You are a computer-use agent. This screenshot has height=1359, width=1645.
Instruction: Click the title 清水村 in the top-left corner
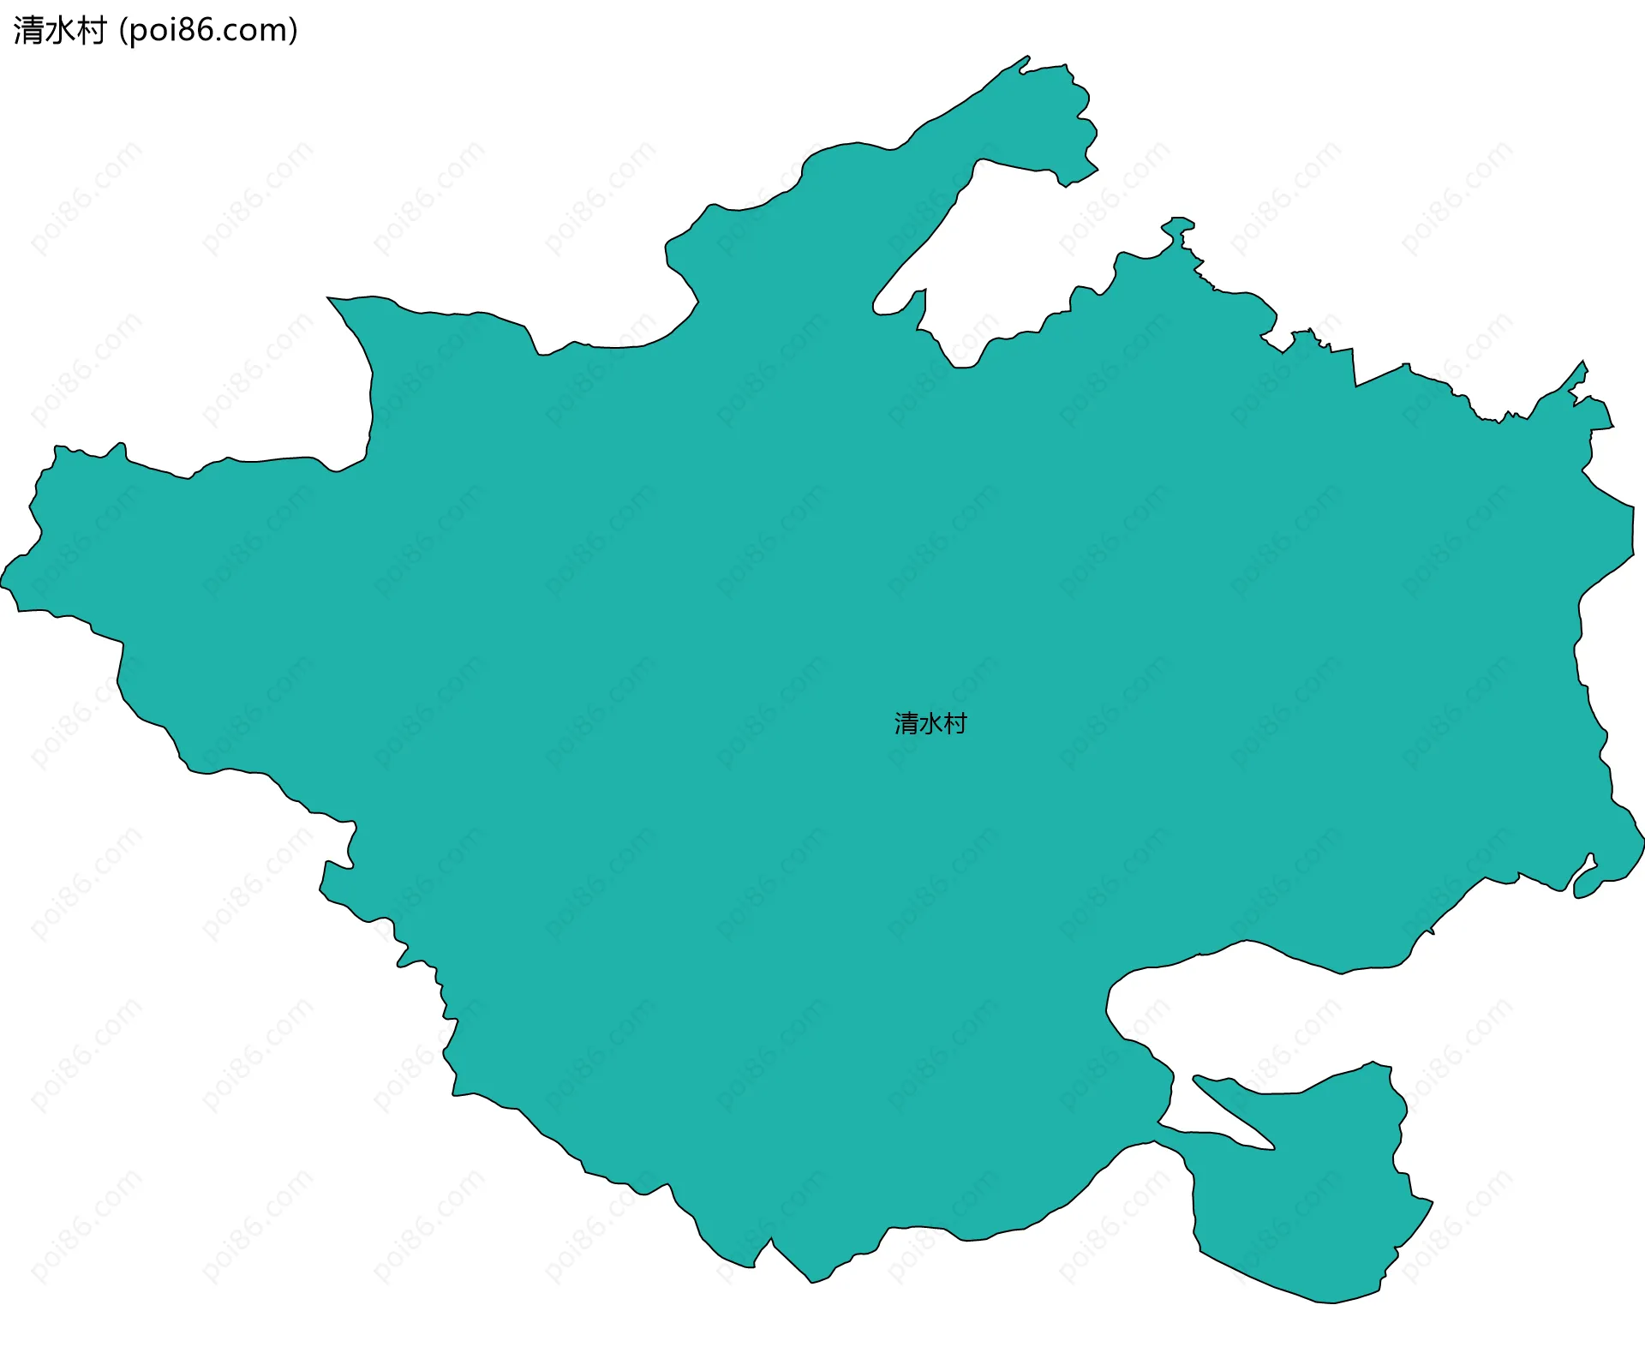click(x=59, y=31)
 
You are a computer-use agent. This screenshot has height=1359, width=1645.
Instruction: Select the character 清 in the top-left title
click(x=28, y=31)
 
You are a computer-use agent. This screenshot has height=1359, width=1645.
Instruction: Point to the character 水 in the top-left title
click(x=59, y=31)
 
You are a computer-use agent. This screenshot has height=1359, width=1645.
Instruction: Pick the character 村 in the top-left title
click(x=91, y=31)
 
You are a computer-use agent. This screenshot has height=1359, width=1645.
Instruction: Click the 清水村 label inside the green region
click(x=930, y=724)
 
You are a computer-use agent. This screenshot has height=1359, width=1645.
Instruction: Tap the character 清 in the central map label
click(x=906, y=724)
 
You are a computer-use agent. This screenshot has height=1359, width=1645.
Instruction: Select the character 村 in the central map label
click(x=955, y=724)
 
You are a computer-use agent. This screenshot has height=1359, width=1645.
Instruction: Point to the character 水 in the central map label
click(x=930, y=724)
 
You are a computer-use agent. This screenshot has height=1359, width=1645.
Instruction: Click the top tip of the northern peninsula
click(x=1026, y=59)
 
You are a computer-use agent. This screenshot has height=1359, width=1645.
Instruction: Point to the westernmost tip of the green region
click(x=3, y=583)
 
